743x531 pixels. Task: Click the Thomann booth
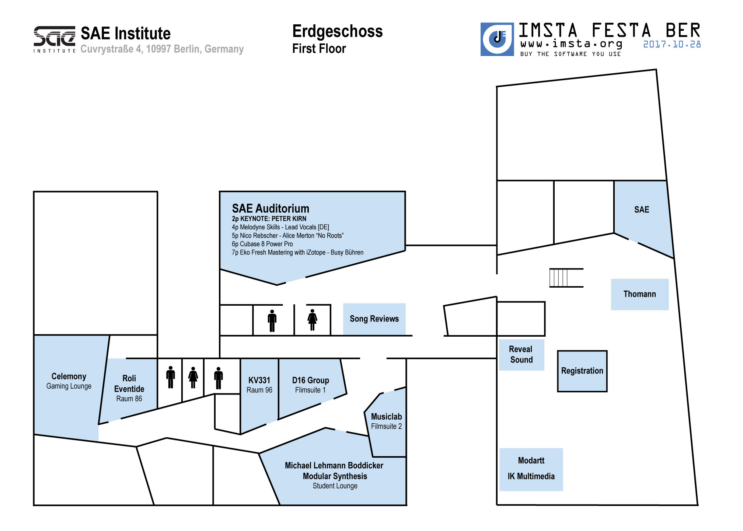[639, 294]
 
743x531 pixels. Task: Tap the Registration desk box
[582, 371]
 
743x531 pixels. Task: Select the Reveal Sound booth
[521, 354]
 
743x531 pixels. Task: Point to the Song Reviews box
[374, 319]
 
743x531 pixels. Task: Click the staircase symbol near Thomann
[566, 278]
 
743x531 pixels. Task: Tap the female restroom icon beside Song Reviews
[312, 320]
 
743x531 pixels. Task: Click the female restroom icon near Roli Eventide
[193, 378]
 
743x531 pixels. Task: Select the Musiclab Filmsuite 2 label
[386, 421]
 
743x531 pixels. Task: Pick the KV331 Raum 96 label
[259, 385]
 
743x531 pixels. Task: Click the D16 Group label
[310, 380]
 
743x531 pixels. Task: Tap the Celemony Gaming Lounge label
[69, 381]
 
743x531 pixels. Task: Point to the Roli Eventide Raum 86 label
[129, 388]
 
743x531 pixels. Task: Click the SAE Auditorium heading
[271, 208]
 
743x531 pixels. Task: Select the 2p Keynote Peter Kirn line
[269, 219]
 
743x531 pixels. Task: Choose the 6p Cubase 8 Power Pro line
[262, 244]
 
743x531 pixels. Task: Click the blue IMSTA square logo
[497, 39]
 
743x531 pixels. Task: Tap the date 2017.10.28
[672, 44]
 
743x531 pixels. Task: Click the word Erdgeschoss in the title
[337, 32]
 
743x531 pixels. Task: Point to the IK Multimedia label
[531, 476]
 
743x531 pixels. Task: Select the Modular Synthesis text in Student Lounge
[335, 476]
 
